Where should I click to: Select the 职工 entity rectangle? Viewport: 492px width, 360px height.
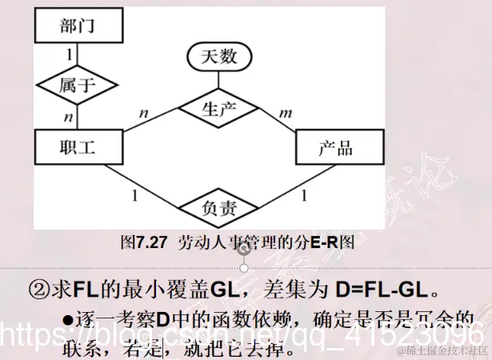pos(78,148)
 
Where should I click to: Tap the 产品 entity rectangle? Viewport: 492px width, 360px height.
pos(335,148)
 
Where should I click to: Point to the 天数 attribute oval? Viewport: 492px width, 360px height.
pos(218,57)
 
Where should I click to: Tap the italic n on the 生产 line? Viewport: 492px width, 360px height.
pos(144,113)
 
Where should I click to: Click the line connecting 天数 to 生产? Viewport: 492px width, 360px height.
pos(218,78)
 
